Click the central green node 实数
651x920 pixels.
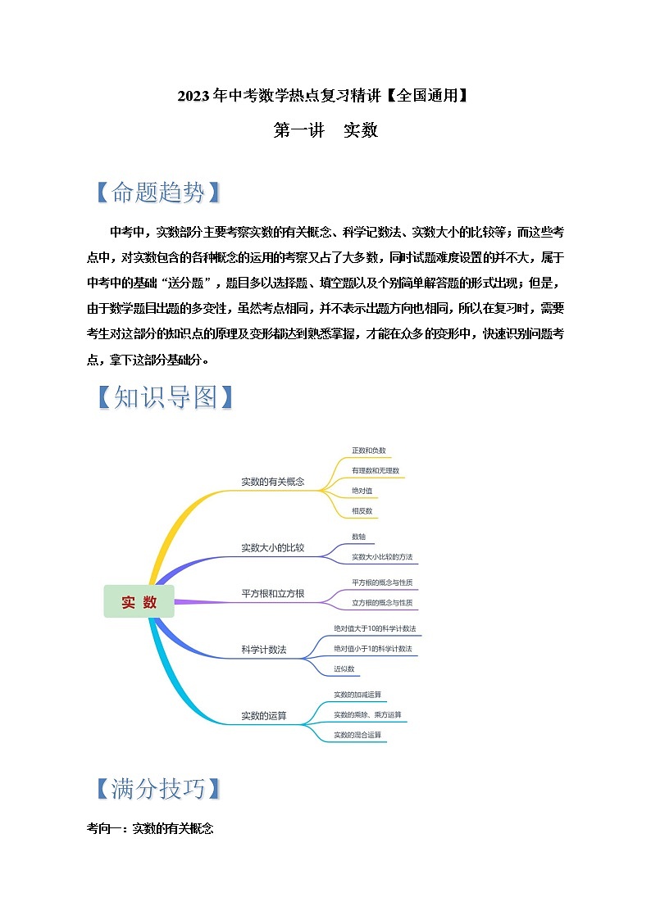point(139,602)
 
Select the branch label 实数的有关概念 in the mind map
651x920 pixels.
point(272,482)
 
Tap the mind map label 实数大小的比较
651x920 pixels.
point(272,547)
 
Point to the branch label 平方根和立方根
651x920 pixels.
point(272,593)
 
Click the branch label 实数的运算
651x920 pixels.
point(264,715)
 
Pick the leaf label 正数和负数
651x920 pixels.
point(368,451)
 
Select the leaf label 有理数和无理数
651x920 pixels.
point(375,471)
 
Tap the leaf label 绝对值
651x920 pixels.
point(362,491)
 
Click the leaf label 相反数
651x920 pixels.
point(362,510)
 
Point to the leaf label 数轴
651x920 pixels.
point(358,537)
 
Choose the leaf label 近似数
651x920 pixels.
point(344,668)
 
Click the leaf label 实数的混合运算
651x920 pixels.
point(357,735)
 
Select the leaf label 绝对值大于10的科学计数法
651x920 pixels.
point(375,628)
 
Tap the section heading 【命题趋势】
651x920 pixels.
point(157,193)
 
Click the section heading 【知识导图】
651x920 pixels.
point(164,397)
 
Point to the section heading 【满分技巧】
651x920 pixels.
point(157,788)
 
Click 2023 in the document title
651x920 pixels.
point(193,97)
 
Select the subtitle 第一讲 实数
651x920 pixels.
point(325,130)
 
